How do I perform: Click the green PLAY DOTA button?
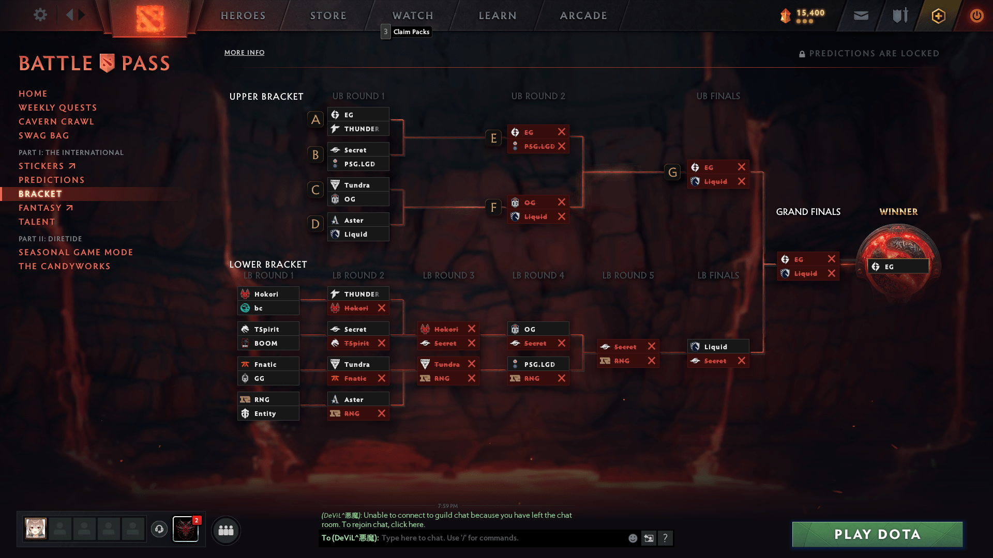tap(877, 534)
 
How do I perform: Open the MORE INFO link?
tap(244, 53)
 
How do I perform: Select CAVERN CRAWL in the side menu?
tap(56, 121)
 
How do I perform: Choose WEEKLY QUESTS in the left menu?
tap(58, 107)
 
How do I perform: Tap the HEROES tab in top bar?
tap(243, 16)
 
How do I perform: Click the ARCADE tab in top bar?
tap(583, 16)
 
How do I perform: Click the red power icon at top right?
tap(976, 16)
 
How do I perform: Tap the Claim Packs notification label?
tap(411, 32)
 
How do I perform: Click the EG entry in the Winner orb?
tap(898, 267)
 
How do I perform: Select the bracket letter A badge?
tap(315, 120)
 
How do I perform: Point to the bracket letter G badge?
tap(672, 172)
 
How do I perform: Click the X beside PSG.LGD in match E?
tap(562, 146)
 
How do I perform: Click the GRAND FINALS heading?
tap(808, 212)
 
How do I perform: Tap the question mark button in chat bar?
tap(665, 538)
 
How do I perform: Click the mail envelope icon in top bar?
tap(861, 16)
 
